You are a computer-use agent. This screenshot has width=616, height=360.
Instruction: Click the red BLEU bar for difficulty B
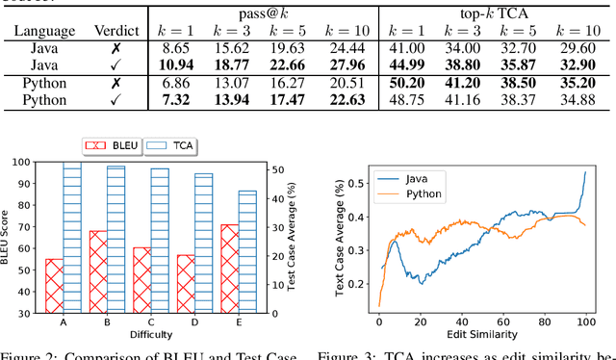coord(98,271)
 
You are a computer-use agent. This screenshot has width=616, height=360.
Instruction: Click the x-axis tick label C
coord(142,322)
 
